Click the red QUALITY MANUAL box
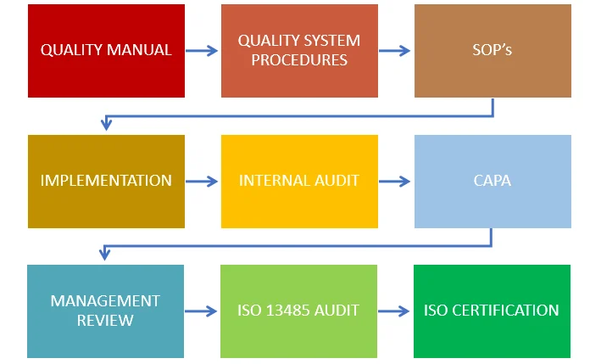(x=106, y=51)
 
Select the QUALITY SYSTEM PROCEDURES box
(x=299, y=51)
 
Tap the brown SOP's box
(x=493, y=51)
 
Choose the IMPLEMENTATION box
(x=106, y=181)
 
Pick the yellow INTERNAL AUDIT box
(x=299, y=181)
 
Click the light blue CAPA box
(x=493, y=181)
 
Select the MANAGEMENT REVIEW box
(x=105, y=311)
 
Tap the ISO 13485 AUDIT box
(x=298, y=311)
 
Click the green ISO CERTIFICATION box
(x=492, y=311)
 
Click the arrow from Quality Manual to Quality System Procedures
(x=203, y=51)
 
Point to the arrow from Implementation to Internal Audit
(x=203, y=181)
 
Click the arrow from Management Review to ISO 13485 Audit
(x=202, y=311)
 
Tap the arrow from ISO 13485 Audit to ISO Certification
(x=395, y=311)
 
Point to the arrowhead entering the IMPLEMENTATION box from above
(x=106, y=126)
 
